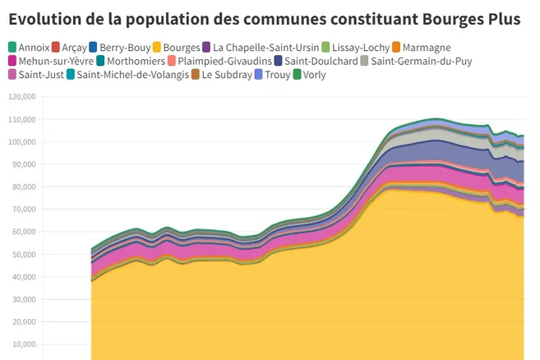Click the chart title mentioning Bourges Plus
(265, 19)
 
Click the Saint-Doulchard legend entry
(322, 62)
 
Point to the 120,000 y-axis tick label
(21, 97)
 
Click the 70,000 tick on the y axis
(22, 210)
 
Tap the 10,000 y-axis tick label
(22, 344)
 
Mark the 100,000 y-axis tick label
(21, 142)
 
